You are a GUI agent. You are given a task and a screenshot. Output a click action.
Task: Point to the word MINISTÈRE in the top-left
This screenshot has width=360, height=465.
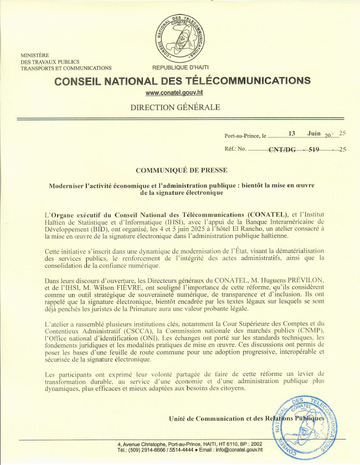[35, 55]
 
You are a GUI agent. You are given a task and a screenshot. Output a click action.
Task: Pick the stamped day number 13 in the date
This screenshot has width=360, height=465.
[293, 133]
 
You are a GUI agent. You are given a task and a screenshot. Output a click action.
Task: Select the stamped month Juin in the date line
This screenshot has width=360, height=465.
[314, 133]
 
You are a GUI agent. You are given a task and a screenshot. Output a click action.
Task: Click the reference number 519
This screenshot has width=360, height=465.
[314, 149]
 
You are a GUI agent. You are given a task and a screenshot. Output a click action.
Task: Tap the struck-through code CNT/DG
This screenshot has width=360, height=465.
[282, 149]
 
